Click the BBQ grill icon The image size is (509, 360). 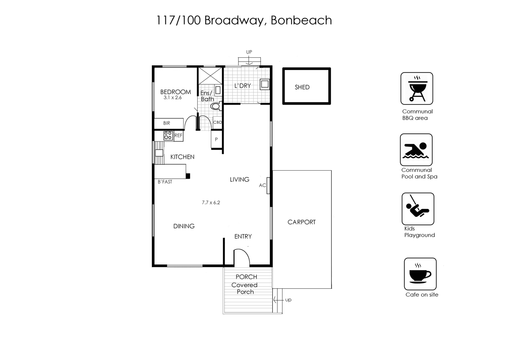pyautogui.click(x=417, y=88)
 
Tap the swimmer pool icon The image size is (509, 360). pyautogui.click(x=416, y=150)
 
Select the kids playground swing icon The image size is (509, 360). pyautogui.click(x=417, y=208)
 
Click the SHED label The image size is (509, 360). pyautogui.click(x=302, y=87)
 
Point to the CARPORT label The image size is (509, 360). pyautogui.click(x=302, y=222)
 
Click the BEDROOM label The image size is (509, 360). pyautogui.click(x=175, y=92)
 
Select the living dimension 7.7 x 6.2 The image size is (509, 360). pyautogui.click(x=211, y=202)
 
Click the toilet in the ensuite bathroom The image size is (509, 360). pyautogui.click(x=216, y=106)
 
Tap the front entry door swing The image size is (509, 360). pyautogui.click(x=242, y=257)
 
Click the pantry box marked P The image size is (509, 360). pyautogui.click(x=216, y=139)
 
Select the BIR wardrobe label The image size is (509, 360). pyautogui.click(x=166, y=123)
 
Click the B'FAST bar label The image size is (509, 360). pyautogui.click(x=165, y=182)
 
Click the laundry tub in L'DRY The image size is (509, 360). pyautogui.click(x=265, y=84)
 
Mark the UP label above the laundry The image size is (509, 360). pyautogui.click(x=249, y=52)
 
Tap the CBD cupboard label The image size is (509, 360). pyautogui.click(x=217, y=122)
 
